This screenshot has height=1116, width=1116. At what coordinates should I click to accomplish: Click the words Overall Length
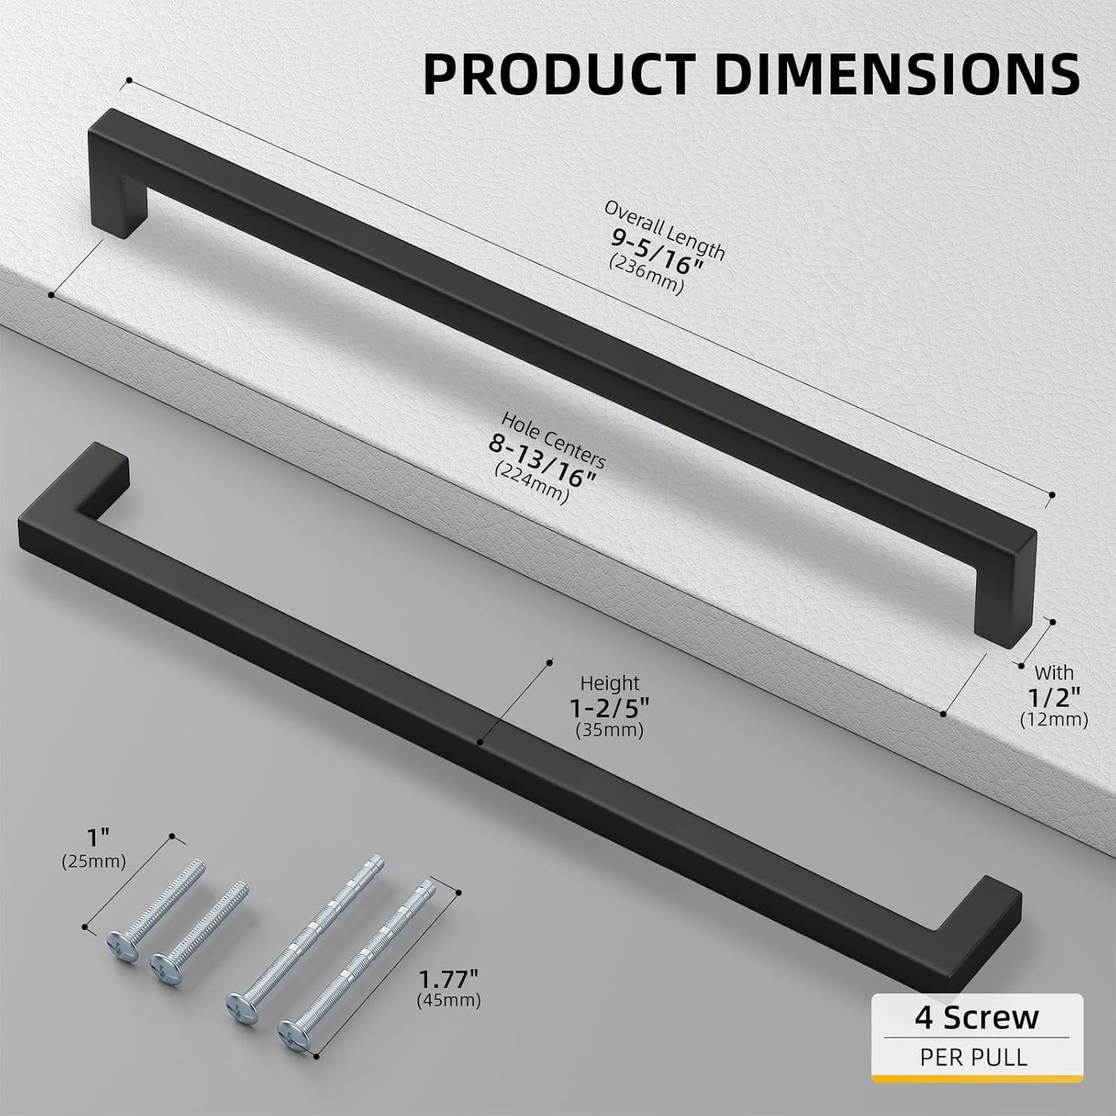pyautogui.click(x=664, y=231)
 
